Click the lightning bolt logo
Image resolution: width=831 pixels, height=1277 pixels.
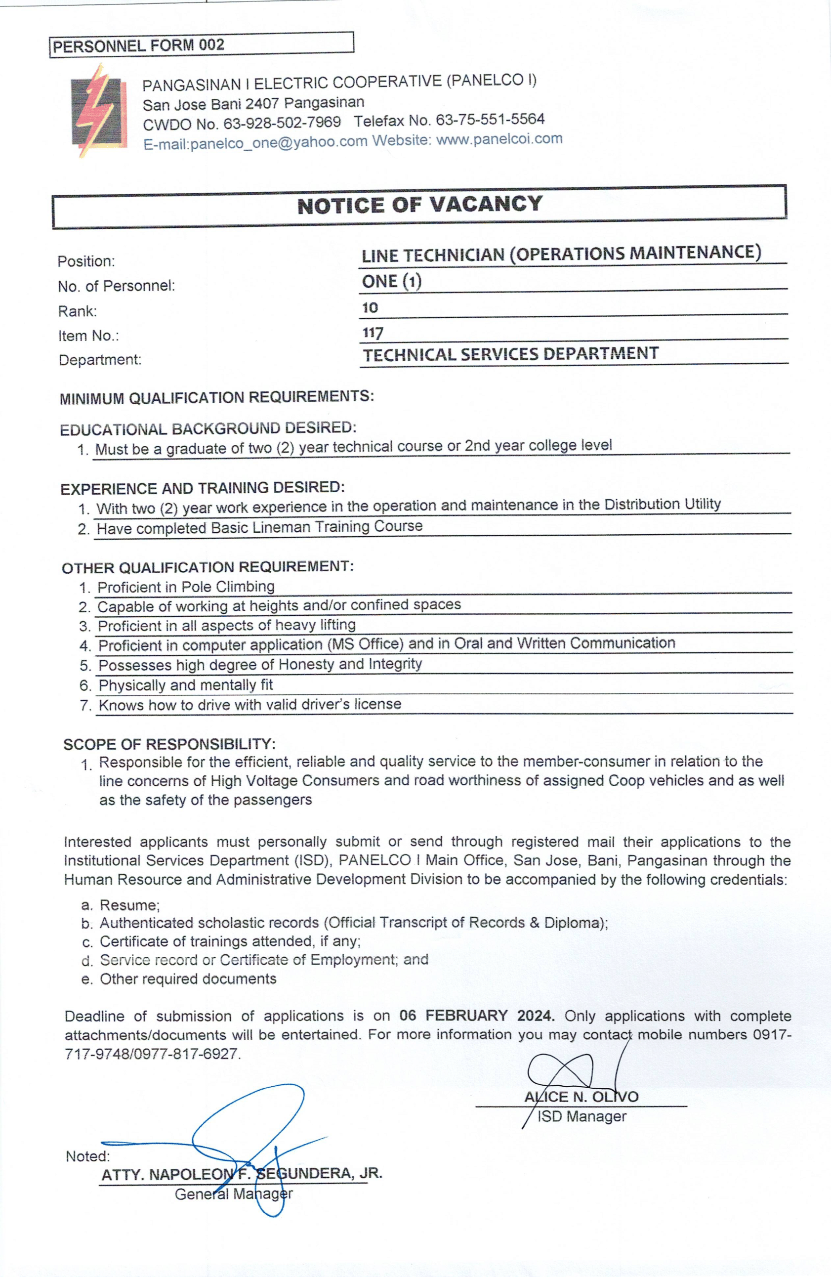99,111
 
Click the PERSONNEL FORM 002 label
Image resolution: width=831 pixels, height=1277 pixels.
138,45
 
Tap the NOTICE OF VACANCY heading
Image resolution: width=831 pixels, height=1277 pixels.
419,205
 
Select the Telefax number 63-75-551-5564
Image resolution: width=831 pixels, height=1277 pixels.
490,120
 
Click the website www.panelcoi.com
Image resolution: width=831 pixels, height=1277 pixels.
499,139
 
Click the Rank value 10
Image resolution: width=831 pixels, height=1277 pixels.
370,308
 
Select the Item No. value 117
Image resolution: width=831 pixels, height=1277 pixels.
373,333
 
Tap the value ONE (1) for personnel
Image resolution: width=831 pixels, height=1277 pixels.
392,282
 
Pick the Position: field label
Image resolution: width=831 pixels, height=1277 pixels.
86,261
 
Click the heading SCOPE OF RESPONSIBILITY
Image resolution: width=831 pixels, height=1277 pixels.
169,744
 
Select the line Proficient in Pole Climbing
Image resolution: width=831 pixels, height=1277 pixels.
186,587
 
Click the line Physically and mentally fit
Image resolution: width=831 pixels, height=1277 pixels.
186,685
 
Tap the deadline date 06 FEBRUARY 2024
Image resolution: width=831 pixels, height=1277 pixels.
476,1016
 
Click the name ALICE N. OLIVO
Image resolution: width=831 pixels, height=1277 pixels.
582,1097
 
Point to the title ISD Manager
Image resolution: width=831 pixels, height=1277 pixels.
582,1116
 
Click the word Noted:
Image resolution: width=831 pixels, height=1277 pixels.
87,1156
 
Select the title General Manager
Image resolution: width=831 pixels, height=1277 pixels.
234,1194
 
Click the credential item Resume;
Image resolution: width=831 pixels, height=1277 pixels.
130,905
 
